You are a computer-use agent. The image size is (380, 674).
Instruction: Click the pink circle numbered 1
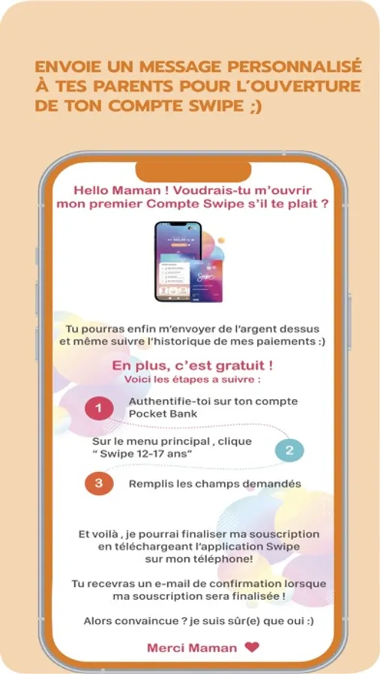click(99, 408)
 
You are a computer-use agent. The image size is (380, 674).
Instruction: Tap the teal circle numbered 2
click(289, 451)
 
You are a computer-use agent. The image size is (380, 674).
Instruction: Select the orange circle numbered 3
click(99, 483)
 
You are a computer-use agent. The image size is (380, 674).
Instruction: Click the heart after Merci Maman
click(252, 647)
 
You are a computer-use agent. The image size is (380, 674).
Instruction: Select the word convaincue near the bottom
click(148, 621)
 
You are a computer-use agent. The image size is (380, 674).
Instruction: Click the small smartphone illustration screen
click(178, 261)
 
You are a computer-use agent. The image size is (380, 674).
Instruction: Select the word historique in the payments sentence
click(175, 342)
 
